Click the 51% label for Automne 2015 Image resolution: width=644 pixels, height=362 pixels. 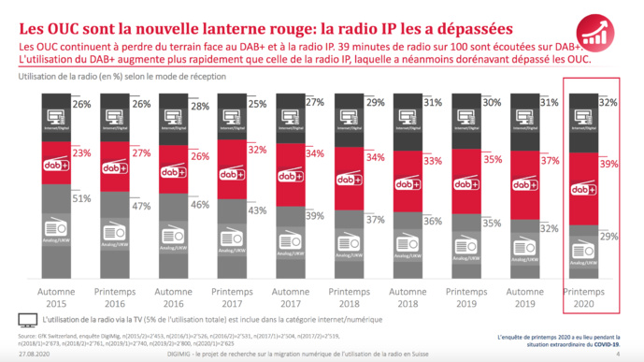tap(82, 198)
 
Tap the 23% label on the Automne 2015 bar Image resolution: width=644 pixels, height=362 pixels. tap(82, 152)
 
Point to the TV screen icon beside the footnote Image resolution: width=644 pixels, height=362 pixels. tap(26, 319)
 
